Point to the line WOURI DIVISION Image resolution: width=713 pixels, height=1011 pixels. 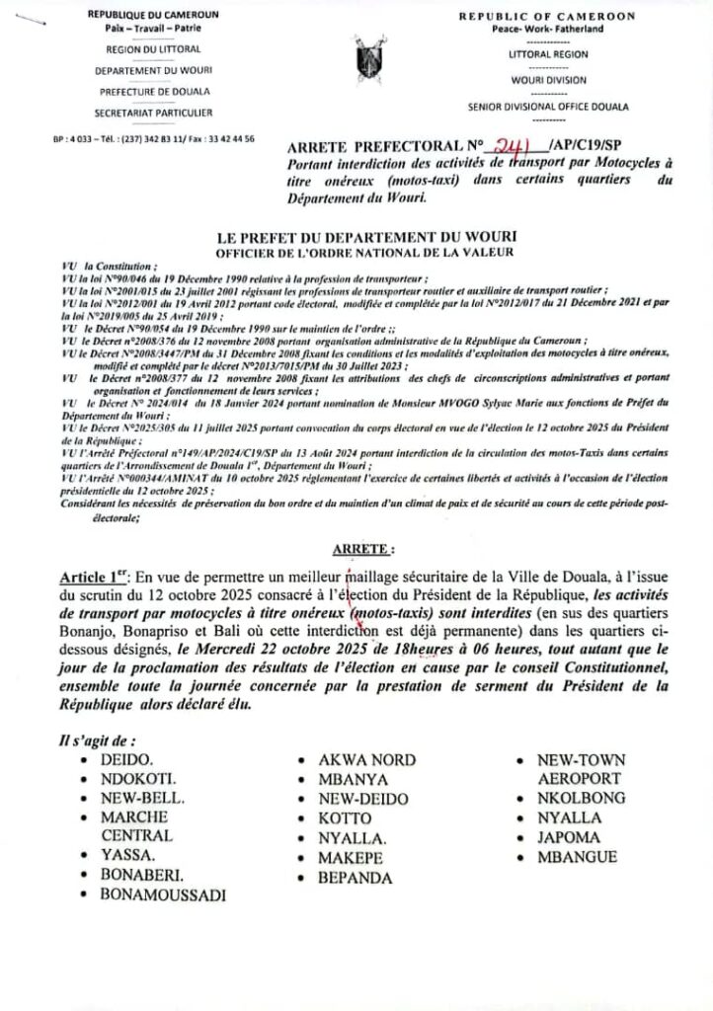click(x=547, y=80)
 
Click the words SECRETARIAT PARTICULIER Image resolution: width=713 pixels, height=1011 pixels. click(x=153, y=114)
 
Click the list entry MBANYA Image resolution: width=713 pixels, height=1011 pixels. click(x=353, y=780)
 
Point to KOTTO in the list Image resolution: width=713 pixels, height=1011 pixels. click(x=345, y=818)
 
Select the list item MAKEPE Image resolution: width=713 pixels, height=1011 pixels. click(x=351, y=858)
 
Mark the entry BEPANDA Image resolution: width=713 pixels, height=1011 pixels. click(x=356, y=877)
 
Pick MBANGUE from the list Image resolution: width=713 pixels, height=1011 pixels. click(x=577, y=857)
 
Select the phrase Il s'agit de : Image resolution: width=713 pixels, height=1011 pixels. click(x=96, y=740)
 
